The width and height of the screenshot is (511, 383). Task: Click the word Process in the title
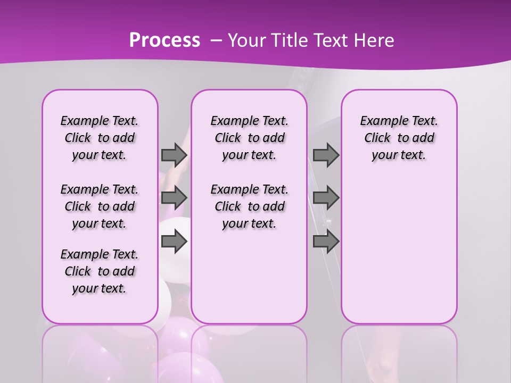coord(164,40)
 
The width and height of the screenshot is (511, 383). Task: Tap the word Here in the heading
coord(375,40)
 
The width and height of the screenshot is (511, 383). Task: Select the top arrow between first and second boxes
coord(174,155)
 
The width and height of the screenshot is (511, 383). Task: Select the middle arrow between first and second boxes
coord(174,198)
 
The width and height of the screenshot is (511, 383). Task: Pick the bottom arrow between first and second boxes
coord(174,242)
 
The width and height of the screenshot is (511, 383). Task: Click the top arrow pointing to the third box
coord(326,155)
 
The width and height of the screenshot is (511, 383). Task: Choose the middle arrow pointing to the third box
coord(326,198)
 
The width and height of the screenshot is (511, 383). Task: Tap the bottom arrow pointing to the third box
coord(326,242)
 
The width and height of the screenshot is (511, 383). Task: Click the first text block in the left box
coord(100,138)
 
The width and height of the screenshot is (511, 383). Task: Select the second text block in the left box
coord(100,206)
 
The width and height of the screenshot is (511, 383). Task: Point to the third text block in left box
coord(100,271)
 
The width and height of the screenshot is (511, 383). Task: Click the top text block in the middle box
coord(249,138)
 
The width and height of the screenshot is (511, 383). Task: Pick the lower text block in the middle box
coord(249,206)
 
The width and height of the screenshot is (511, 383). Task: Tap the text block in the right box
coord(399,138)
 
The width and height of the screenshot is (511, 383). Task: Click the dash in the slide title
coord(216,40)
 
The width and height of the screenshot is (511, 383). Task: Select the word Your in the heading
coord(246,40)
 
